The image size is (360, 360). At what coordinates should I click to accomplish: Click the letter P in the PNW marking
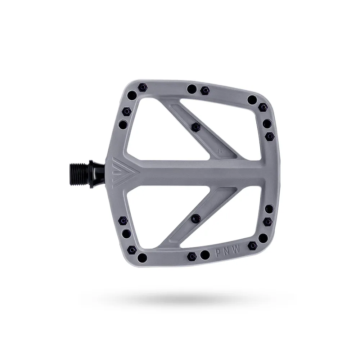click(x=219, y=252)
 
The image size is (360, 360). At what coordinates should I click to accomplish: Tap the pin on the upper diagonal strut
click(x=196, y=126)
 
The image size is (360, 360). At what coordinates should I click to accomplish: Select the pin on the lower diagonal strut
click(x=196, y=217)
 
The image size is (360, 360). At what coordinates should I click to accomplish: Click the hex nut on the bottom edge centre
click(x=192, y=256)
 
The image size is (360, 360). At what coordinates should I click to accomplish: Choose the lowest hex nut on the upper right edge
click(x=270, y=136)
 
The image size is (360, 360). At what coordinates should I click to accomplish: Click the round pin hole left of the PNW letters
click(x=205, y=255)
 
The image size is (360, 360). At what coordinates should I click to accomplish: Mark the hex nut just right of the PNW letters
click(x=253, y=246)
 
